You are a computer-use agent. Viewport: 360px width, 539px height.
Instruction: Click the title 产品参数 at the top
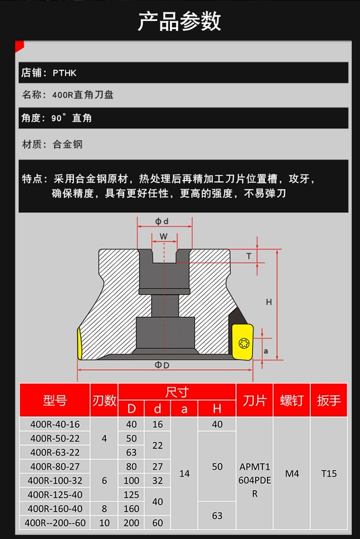pos(179,22)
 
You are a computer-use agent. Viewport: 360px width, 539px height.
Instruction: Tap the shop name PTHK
pos(64,73)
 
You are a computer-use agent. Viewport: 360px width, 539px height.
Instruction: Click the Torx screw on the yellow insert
pos(244,343)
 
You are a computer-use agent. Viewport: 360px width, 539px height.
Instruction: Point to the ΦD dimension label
pos(162,365)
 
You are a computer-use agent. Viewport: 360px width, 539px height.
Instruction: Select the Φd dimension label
pos(162,222)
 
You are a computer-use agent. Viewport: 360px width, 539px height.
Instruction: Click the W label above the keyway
pos(164,236)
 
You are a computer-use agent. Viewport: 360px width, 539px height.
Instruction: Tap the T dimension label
pos(249,256)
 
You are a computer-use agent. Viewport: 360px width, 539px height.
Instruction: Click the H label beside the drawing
pos(269,302)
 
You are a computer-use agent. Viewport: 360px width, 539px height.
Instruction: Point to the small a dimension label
pos(266,351)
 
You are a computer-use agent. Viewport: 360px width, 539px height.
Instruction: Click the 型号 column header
pos(55,400)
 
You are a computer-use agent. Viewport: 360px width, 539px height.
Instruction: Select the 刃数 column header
pos(104,400)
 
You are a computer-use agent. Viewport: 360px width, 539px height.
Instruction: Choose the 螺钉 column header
pos(292,400)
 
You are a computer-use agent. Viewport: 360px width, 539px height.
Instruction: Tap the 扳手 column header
pos(329,400)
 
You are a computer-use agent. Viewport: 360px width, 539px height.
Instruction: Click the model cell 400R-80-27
pos(55,466)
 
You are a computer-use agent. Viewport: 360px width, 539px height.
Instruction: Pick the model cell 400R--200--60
pos(55,523)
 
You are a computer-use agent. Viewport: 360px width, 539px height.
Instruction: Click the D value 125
pos(131,495)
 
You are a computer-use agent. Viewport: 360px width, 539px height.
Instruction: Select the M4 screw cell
pos(292,474)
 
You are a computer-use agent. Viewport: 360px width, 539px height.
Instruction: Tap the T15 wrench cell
pos(329,474)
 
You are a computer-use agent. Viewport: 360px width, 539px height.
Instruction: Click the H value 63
pos(217,515)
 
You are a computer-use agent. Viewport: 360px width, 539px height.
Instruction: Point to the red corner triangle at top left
pos(18,46)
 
